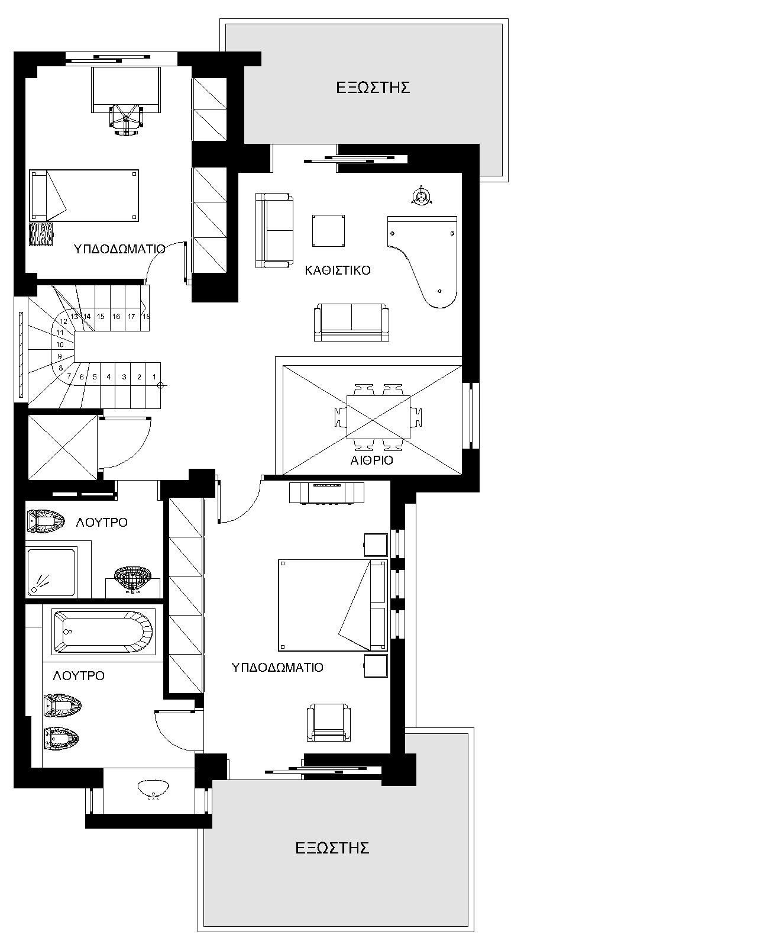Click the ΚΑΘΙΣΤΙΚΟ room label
337,270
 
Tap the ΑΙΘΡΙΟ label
371,460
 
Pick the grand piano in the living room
422,262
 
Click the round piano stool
422,195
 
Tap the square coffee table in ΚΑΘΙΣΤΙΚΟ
328,231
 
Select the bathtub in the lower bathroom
103,632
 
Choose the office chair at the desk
126,120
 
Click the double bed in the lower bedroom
333,605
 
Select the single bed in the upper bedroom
84,195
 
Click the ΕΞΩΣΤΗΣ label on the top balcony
373,88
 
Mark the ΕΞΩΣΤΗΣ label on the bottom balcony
332,848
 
